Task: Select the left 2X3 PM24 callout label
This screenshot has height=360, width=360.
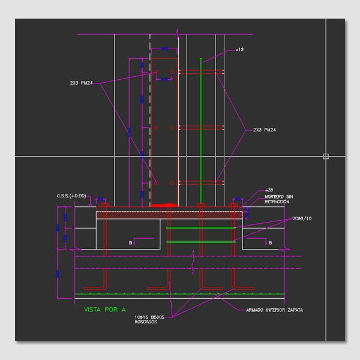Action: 81,82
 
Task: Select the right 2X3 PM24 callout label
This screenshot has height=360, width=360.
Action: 264,130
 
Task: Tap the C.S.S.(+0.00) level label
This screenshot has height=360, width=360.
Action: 71,195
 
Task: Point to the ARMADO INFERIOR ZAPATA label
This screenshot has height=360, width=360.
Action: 274,310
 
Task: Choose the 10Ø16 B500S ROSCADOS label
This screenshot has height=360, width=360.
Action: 149,319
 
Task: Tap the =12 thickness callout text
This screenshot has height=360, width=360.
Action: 240,49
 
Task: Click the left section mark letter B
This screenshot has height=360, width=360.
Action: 130,242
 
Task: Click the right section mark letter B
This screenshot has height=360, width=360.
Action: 271,242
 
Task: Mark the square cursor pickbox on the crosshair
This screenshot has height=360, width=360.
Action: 326,156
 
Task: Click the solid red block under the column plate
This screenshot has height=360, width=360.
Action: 163,205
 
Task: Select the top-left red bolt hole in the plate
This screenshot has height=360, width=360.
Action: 157,72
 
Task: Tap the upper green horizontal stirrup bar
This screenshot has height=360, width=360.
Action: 200,229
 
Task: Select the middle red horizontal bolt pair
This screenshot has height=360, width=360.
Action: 202,127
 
